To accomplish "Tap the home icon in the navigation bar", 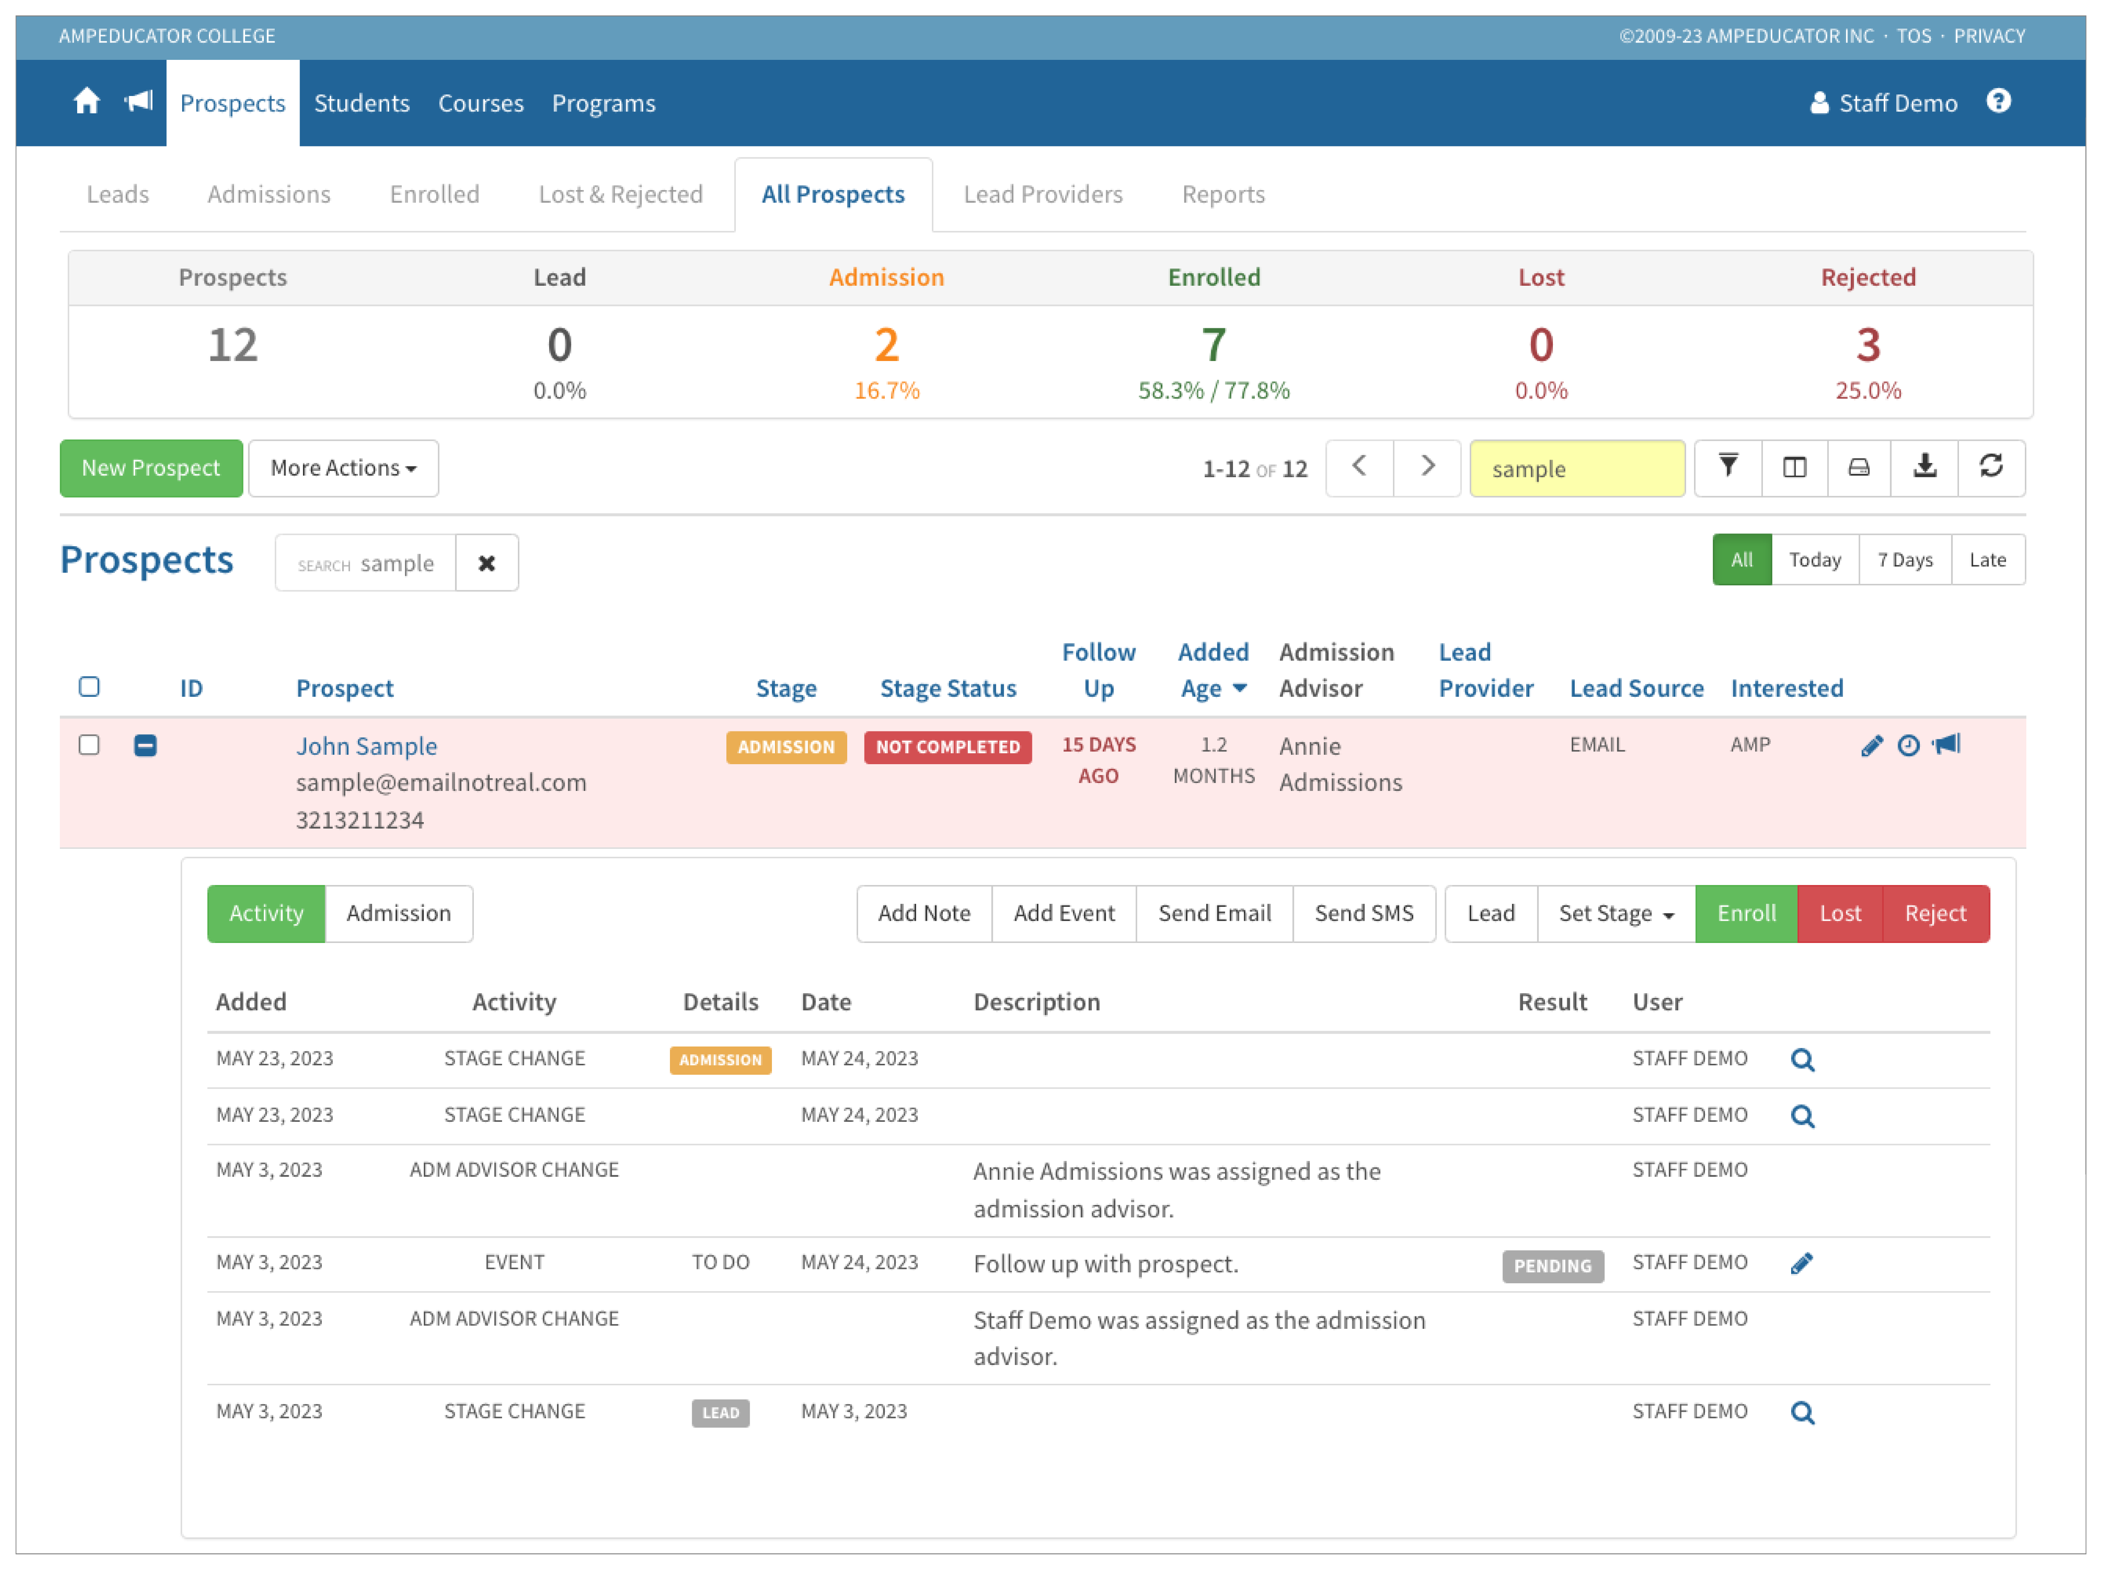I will [x=87, y=102].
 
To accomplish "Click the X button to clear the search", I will [x=486, y=563].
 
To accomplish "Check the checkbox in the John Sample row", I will [x=89, y=745].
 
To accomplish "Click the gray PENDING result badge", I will [x=1551, y=1265].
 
